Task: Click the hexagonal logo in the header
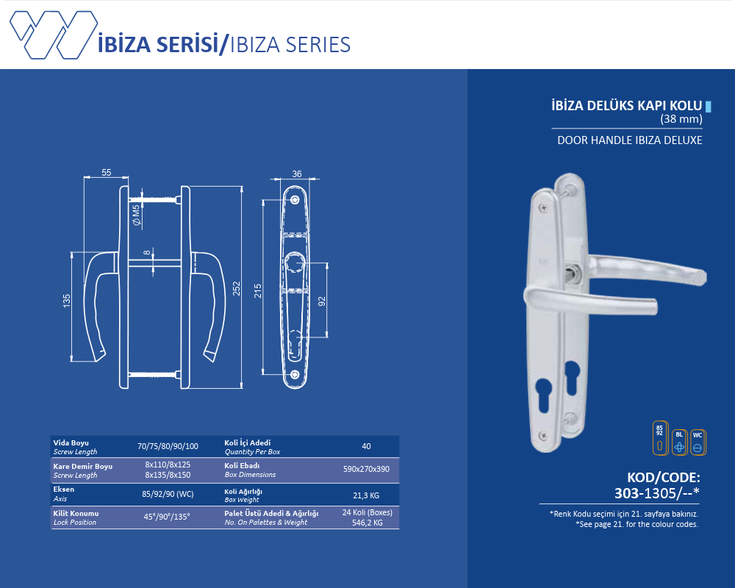pos(54,35)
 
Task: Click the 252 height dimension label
pos(237,288)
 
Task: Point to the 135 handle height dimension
pos(67,301)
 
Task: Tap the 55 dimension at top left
pos(107,173)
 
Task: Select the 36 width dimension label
pos(297,174)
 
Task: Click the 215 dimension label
pos(258,291)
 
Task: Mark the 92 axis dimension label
pos(322,301)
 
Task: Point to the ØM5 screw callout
pos(137,215)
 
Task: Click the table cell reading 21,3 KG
pos(366,495)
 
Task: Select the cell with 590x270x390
pos(366,469)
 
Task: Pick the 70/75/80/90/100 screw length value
pos(168,446)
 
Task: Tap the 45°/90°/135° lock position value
pos(167,517)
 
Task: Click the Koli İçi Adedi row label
pos(248,442)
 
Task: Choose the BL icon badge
pos(679,442)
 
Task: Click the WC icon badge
pos(698,442)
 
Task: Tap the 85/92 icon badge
pos(660,437)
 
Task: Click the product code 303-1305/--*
pos(656,492)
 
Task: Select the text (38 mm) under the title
pos(681,118)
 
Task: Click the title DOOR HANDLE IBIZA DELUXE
pos(630,140)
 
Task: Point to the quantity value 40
pos(366,446)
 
